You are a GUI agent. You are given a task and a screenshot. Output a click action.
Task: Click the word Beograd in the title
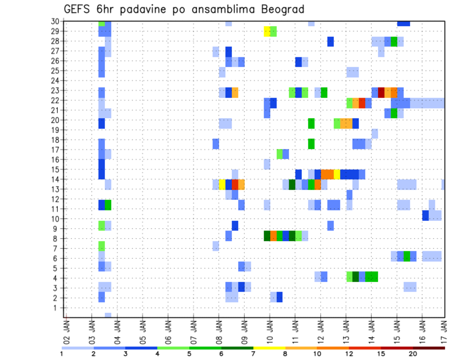tap(283, 9)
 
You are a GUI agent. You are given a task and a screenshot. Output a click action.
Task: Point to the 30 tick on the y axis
tap(55, 21)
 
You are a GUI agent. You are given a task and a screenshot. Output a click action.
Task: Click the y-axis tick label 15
tap(55, 169)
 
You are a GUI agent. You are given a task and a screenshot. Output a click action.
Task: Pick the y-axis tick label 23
tap(55, 90)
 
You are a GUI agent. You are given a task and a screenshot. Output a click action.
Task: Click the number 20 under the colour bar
tap(413, 354)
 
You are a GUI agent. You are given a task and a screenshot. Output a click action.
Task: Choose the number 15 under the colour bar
tap(381, 354)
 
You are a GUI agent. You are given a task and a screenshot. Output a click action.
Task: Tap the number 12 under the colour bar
tap(349, 354)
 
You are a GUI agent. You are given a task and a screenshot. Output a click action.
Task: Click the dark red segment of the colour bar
tap(429, 348)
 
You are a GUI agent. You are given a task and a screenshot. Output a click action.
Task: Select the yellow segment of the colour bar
tap(269, 348)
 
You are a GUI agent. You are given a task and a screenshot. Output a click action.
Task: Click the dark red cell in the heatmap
tap(381, 92)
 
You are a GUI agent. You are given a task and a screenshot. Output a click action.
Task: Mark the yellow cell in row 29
tap(266, 32)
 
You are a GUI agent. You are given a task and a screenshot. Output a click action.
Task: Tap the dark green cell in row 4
tap(355, 277)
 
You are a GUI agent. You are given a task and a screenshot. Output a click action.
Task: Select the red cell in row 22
tap(362, 103)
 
